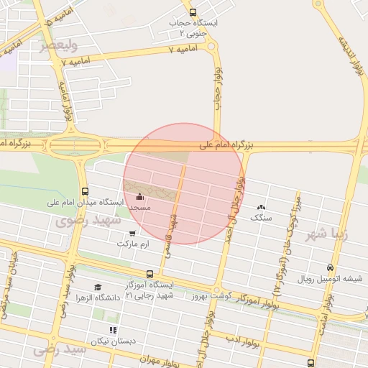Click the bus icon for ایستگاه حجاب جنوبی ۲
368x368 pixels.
[x=192, y=11]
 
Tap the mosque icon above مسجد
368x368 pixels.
[x=139, y=195]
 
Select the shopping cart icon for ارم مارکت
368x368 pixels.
[x=132, y=233]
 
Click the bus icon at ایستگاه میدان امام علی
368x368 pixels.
[x=86, y=191]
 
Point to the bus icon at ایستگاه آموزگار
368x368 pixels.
[x=149, y=274]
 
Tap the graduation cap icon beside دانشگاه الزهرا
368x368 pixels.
[x=98, y=287]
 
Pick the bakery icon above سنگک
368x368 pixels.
[x=259, y=206]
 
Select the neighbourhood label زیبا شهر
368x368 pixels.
[x=326, y=234]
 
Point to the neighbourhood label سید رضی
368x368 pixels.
[x=60, y=349]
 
